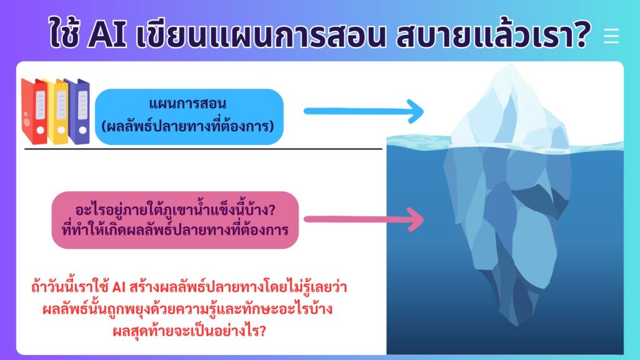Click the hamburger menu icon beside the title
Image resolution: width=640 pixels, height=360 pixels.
[611, 36]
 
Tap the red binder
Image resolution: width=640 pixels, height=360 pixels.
[34, 111]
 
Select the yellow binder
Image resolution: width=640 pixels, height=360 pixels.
[57, 111]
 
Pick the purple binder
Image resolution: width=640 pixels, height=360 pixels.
[77, 111]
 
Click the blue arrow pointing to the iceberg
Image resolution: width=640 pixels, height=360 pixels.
[364, 111]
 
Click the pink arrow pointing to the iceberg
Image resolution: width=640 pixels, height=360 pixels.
[364, 219]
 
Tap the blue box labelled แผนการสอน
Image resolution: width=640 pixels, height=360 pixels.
[189, 117]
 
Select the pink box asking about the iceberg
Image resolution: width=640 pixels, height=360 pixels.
[175, 220]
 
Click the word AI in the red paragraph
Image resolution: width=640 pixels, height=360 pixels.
[118, 287]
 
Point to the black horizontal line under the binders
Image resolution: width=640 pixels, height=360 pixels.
[203, 149]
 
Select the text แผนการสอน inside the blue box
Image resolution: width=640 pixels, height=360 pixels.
[187, 104]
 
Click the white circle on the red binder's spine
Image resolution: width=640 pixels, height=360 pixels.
[41, 130]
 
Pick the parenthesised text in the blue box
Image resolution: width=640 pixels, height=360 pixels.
[187, 126]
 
